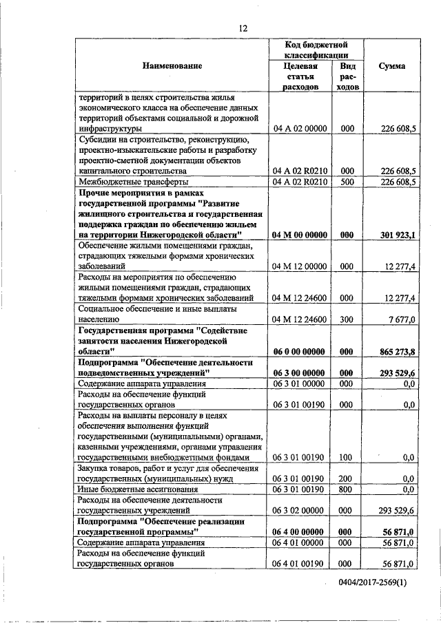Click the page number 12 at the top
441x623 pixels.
click(x=243, y=28)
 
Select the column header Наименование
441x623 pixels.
click(x=172, y=66)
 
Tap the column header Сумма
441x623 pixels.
click(x=391, y=66)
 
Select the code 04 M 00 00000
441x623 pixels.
click(x=300, y=235)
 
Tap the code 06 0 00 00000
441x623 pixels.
click(x=300, y=351)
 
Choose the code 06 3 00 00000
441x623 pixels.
click(x=300, y=372)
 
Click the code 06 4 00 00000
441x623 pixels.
click(x=300, y=532)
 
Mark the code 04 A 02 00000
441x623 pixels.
click(x=300, y=129)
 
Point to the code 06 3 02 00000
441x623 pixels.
click(x=300, y=511)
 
